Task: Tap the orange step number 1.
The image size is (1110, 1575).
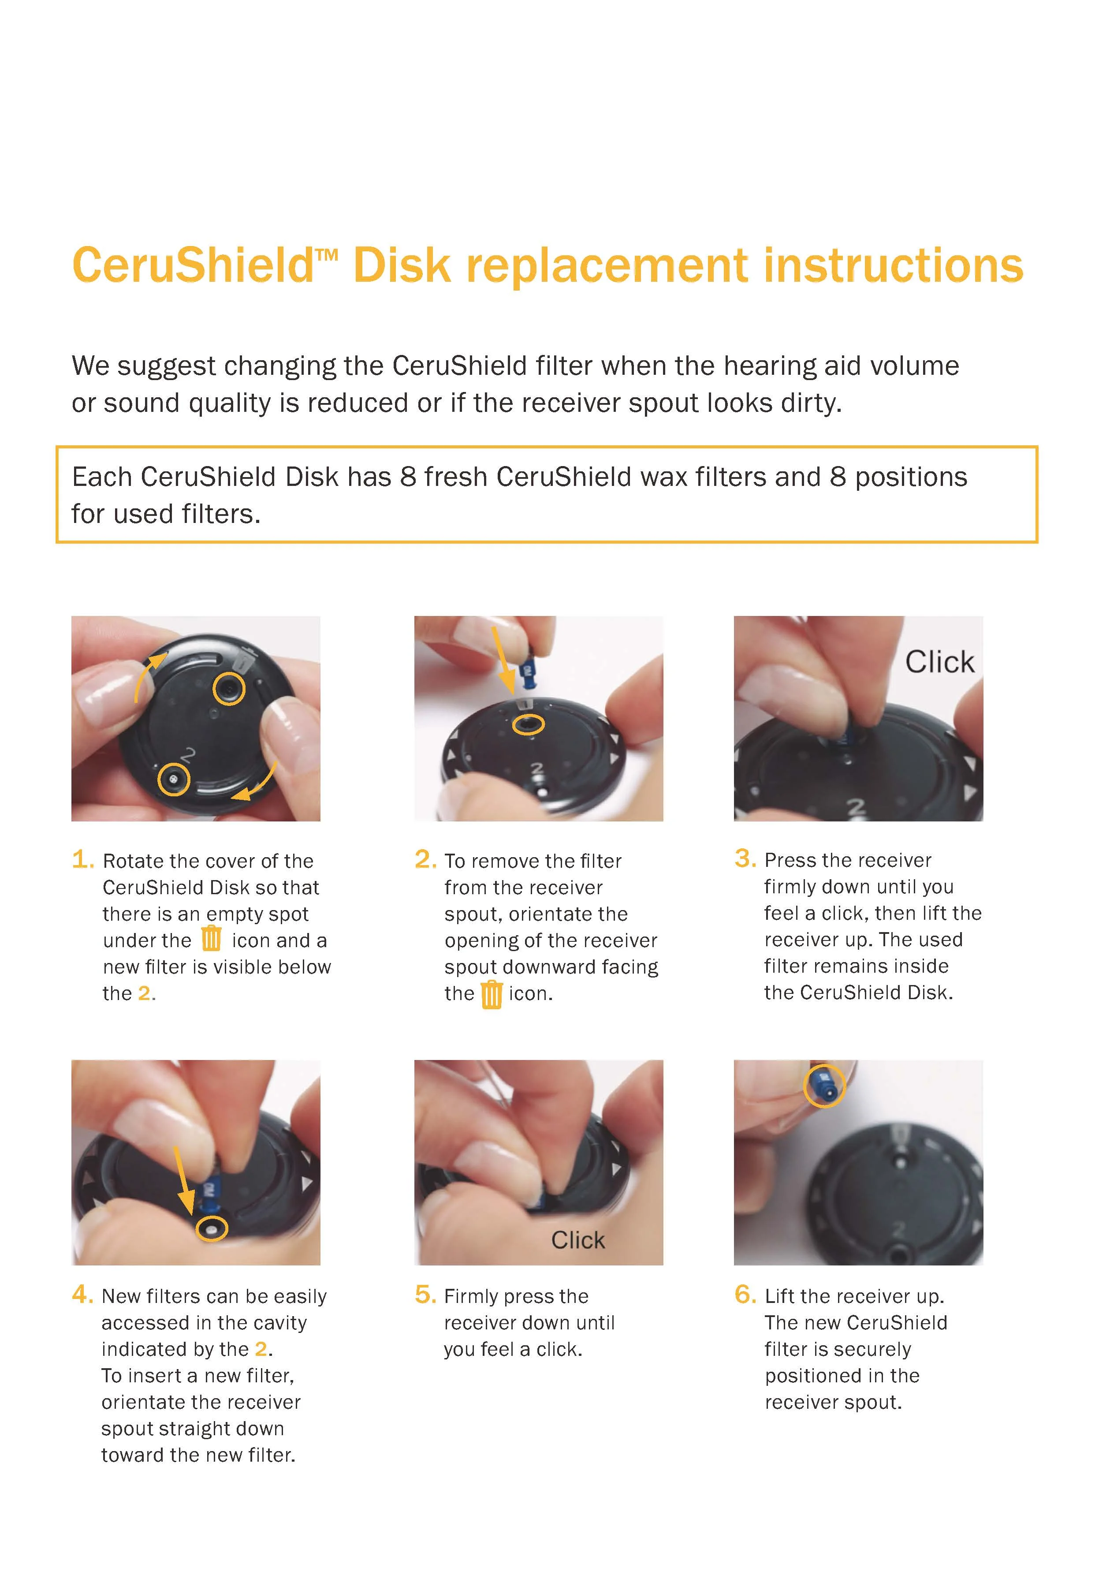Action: click(82, 859)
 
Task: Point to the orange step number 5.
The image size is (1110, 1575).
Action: click(425, 1295)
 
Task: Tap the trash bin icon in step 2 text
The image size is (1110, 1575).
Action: click(491, 994)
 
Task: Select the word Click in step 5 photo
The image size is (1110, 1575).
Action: click(577, 1240)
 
